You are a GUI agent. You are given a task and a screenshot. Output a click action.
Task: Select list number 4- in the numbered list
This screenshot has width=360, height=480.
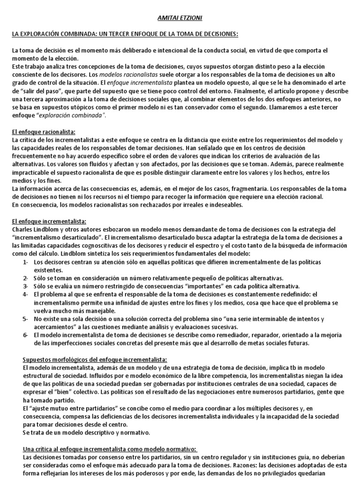[26, 294]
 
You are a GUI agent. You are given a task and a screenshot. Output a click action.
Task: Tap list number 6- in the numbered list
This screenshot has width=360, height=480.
[26, 335]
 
